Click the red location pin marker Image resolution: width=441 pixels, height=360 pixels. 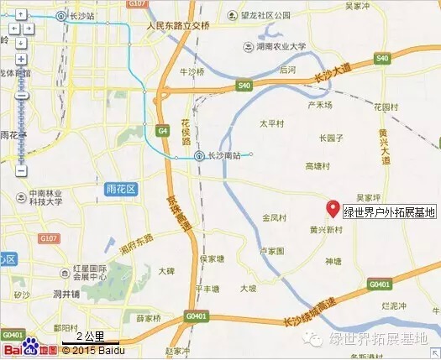pyautogui.click(x=332, y=207)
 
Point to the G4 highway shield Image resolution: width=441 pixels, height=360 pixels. pyautogui.click(x=161, y=131)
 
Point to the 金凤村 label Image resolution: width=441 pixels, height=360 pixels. pyautogui.click(x=275, y=217)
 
